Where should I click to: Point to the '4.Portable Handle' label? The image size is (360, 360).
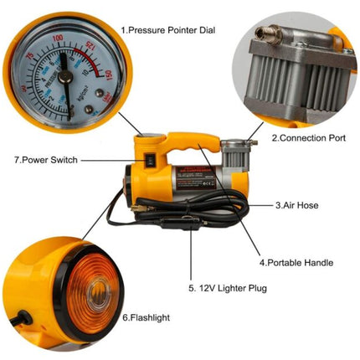tap(299, 263)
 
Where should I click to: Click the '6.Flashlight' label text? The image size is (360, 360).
tap(148, 318)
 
